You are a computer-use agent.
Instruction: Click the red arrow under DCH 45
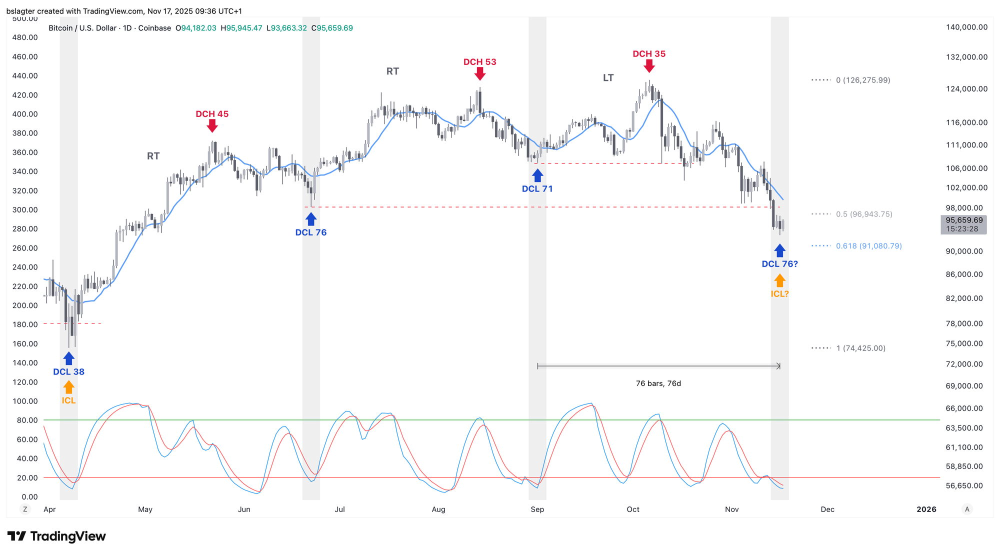click(212, 126)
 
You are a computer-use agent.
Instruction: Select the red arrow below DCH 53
click(480, 74)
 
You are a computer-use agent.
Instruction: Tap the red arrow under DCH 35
click(649, 66)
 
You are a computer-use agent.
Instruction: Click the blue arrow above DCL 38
click(69, 358)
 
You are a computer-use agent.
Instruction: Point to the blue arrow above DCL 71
click(537, 175)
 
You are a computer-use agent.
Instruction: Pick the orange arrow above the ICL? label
click(779, 280)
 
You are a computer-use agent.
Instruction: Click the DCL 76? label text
click(779, 264)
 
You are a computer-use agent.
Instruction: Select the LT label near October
click(608, 78)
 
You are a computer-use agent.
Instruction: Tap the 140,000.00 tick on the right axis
click(966, 27)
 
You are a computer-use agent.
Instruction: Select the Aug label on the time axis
click(438, 509)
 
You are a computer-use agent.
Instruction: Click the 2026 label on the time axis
click(926, 509)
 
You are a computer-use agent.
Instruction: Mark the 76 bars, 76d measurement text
click(658, 383)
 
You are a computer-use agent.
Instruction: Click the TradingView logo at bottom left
click(56, 536)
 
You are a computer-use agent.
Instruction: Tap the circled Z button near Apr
click(25, 509)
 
